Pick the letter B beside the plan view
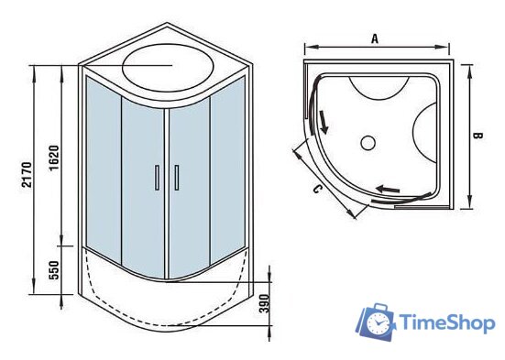(x=478, y=135)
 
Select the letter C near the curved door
(x=316, y=190)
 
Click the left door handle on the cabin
(x=157, y=178)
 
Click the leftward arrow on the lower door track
(x=390, y=190)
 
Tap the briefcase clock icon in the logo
(x=374, y=322)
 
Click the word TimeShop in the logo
(x=446, y=323)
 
